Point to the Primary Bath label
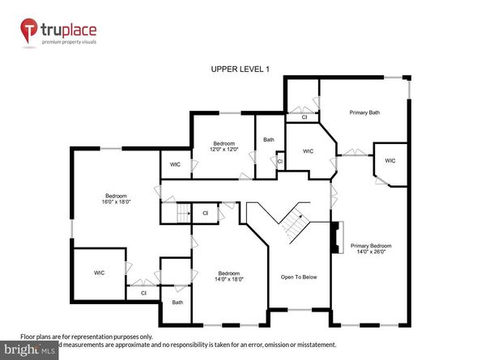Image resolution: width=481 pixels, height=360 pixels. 364,112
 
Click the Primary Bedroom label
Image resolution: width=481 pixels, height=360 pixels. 370,245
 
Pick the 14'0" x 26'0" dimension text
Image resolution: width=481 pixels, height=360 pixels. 370,252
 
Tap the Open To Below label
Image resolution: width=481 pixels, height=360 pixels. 299,277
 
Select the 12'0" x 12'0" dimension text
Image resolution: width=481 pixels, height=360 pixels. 223,150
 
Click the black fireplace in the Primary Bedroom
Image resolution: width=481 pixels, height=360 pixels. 333,239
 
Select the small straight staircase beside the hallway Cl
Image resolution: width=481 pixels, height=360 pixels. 177,214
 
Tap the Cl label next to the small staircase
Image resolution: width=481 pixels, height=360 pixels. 205,214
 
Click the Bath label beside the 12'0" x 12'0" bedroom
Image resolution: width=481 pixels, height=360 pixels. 269,139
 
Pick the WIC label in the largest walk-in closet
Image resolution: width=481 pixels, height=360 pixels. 99,273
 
